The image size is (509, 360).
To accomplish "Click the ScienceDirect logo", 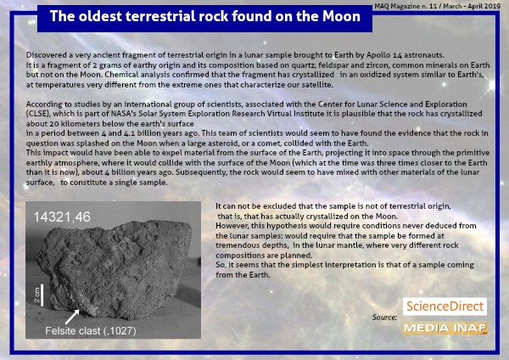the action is point(445,306).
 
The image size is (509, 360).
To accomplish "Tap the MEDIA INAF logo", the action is point(445,328).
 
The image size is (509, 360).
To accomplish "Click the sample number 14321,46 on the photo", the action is point(62,217).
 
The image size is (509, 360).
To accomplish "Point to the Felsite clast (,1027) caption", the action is point(91,331).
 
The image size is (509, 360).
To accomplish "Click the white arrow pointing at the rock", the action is point(72,317).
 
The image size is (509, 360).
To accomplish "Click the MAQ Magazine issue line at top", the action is point(437,6).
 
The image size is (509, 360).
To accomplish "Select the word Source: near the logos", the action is point(384,317).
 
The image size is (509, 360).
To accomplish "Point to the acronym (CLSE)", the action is point(38,114).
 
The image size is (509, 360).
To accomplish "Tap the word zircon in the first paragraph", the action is point(378,65).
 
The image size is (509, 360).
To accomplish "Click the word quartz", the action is point(303,65).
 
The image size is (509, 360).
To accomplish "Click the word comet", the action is point(325,143).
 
